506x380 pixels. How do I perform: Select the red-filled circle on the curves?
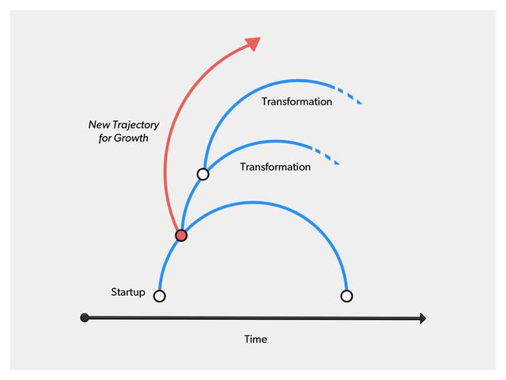(181, 235)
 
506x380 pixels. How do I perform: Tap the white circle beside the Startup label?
(160, 296)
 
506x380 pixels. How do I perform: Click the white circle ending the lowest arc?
(346, 296)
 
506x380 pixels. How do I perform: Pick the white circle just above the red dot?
(203, 174)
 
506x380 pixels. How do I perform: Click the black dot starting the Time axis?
(85, 318)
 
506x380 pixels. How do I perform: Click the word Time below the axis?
(255, 340)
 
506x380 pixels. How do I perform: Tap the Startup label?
(128, 293)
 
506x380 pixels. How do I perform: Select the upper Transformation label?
(296, 102)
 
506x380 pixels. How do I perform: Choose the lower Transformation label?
(275, 167)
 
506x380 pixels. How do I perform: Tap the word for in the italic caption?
(104, 138)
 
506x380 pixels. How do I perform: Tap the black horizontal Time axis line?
(253, 318)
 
